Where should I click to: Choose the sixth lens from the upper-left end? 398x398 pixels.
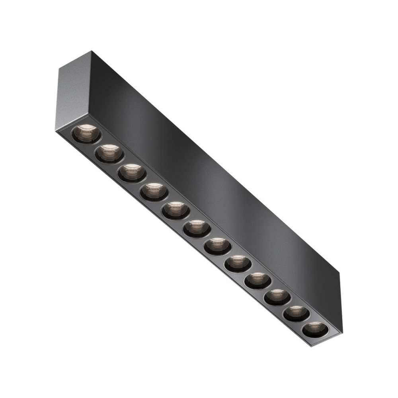tap(197, 229)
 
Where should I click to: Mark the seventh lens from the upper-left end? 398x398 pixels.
tap(218, 247)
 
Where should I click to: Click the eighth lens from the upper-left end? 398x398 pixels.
tap(238, 264)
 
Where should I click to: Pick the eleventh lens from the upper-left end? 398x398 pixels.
tap(296, 314)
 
